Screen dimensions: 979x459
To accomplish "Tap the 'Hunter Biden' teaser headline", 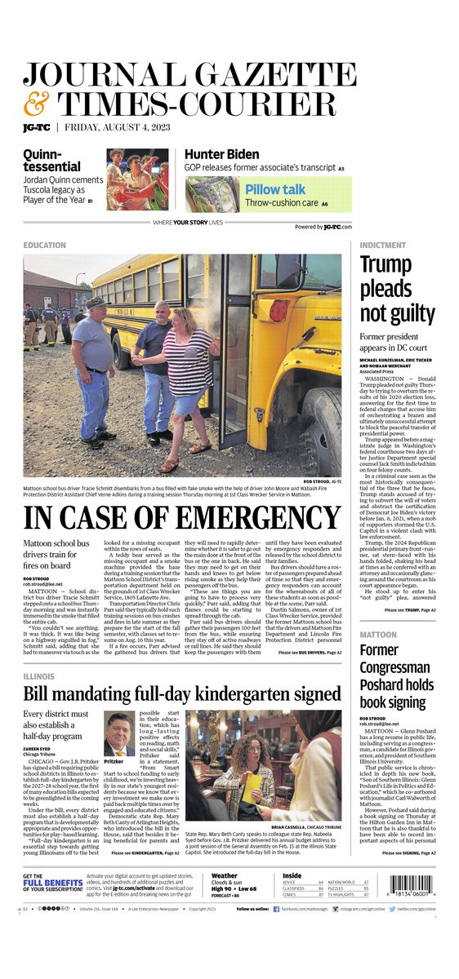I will [x=225, y=153].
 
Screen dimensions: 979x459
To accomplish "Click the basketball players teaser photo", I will [x=136, y=180].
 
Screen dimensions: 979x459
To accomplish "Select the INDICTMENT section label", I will [x=382, y=245].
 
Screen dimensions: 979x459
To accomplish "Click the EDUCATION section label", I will [x=45, y=245].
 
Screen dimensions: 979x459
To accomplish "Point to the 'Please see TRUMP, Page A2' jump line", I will [x=409, y=610].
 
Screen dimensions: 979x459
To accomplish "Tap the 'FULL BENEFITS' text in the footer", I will [x=52, y=883].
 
